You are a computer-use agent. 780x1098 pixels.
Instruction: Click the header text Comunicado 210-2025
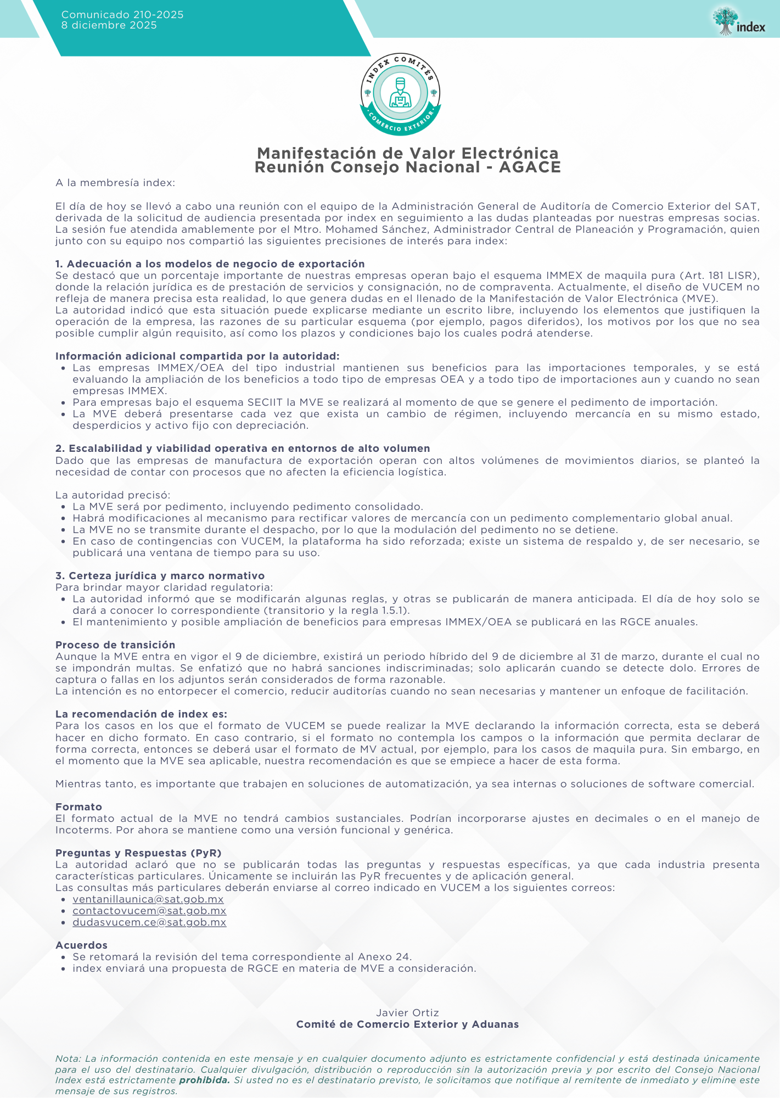122,15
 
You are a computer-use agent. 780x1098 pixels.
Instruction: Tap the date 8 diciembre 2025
109,25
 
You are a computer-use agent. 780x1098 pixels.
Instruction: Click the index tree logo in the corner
738,21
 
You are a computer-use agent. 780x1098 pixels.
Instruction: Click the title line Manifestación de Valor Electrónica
407,153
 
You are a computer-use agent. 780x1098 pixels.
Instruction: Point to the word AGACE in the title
530,167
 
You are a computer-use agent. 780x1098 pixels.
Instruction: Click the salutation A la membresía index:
115,183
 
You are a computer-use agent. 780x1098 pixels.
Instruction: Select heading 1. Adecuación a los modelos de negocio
210,264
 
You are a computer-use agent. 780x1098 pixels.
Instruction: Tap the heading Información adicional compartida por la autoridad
197,356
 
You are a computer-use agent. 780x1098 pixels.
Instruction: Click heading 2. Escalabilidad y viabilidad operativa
242,449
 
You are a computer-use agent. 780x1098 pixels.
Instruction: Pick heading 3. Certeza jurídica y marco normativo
160,575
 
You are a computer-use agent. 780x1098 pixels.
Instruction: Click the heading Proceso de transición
115,645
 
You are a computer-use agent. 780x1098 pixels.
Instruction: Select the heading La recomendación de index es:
141,714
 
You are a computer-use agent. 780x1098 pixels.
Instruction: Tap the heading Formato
78,806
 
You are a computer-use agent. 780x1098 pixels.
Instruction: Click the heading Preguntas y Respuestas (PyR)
138,853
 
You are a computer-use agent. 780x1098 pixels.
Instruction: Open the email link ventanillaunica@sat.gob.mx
148,899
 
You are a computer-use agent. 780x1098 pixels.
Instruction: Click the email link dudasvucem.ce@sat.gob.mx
149,922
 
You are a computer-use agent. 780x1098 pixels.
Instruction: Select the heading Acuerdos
81,945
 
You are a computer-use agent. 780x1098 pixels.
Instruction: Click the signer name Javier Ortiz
407,1012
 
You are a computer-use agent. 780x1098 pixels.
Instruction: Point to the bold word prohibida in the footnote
204,1080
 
